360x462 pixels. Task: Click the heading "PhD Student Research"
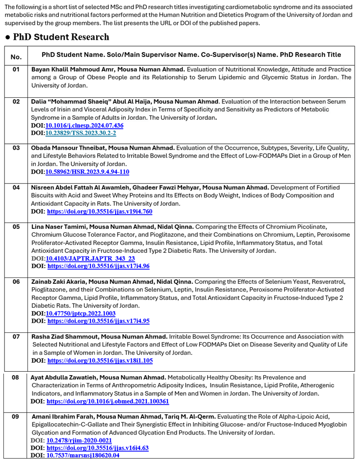coord(61,37)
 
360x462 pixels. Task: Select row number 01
coord(16,69)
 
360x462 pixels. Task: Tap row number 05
coord(16,227)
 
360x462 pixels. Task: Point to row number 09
coord(16,416)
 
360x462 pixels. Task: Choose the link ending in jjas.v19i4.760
coord(100,212)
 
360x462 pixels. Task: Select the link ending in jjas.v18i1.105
coord(100,360)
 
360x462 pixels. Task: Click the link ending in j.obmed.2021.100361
coord(108,401)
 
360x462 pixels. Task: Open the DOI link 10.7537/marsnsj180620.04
coord(83,455)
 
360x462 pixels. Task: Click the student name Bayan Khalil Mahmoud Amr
coord(75,69)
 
